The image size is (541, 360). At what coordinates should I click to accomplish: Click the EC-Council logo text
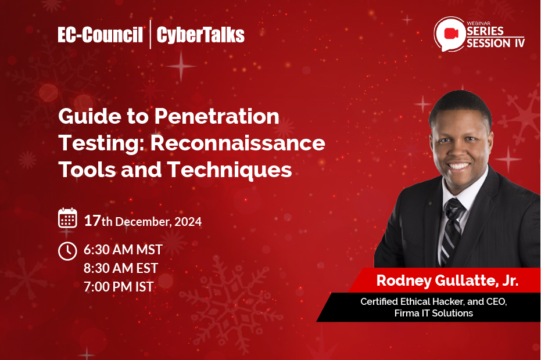click(x=100, y=35)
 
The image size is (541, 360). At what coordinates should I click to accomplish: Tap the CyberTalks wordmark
click(x=201, y=35)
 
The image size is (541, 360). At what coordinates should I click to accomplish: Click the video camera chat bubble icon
click(x=449, y=34)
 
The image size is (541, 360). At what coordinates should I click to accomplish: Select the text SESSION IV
click(x=495, y=42)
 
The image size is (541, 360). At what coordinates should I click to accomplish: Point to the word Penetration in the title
click(x=217, y=117)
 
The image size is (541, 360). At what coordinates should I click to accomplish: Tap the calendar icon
click(x=68, y=218)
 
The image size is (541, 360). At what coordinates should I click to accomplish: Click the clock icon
click(x=68, y=251)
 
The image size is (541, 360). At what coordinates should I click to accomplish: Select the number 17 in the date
click(x=92, y=221)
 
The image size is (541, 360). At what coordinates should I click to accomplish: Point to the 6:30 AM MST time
click(x=123, y=250)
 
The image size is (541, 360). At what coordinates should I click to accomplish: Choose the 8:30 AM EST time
click(x=121, y=268)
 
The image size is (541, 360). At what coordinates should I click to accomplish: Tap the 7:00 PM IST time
click(x=119, y=286)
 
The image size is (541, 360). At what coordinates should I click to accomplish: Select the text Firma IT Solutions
click(x=433, y=314)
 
